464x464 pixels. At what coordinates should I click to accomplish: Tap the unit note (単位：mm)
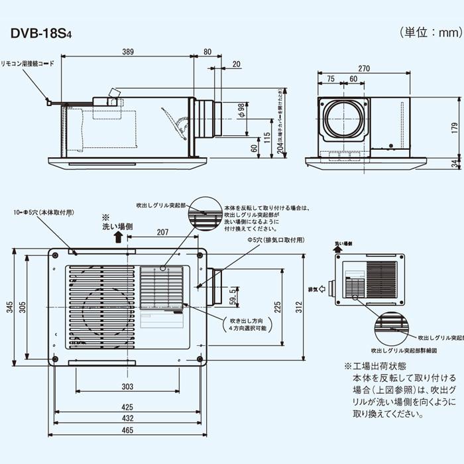428,32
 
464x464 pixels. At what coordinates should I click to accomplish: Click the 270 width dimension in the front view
364,68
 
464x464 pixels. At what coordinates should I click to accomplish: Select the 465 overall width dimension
127,430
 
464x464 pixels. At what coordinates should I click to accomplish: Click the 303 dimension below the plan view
127,386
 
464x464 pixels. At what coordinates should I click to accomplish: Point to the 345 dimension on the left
10,307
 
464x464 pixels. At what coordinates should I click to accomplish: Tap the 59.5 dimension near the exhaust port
233,294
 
